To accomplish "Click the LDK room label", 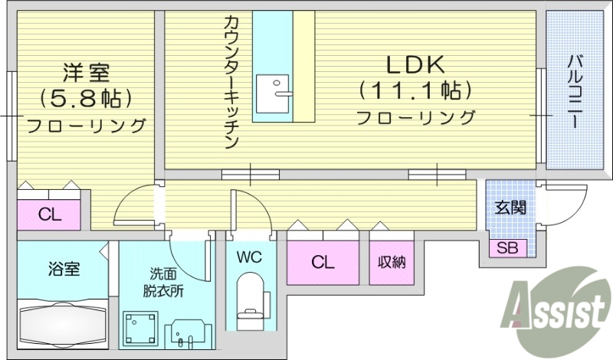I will click(415, 64).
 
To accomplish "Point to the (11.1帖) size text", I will click(415, 91).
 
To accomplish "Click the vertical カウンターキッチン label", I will click(232, 81).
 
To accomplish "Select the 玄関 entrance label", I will click(510, 206).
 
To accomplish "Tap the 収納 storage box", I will click(391, 263).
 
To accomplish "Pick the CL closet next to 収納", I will click(323, 263).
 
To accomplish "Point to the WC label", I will click(250, 257).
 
